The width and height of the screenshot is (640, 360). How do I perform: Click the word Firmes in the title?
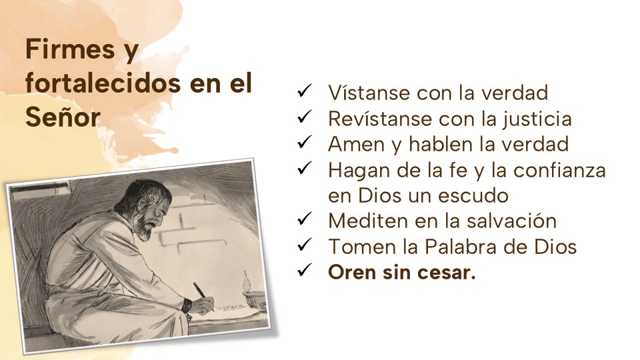pos(70,49)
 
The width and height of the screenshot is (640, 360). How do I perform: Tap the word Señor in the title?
pos(63,117)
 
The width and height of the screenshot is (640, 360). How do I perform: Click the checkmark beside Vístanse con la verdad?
pos(305,91)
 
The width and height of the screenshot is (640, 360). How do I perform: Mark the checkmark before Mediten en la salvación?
pos(305,219)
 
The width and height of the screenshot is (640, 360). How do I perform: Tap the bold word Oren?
pos(352,272)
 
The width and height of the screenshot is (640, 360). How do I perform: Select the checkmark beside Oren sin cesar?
pos(305,270)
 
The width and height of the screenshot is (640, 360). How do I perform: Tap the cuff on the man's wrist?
pos(187,305)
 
